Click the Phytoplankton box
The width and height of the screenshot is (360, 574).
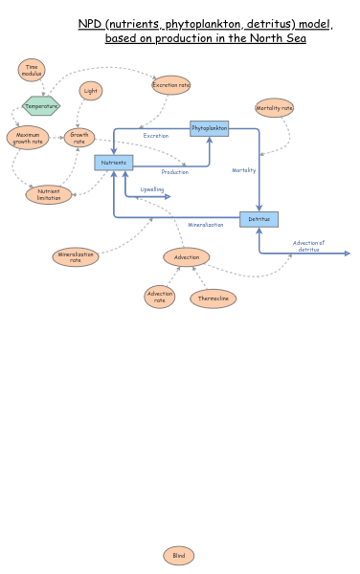click(x=210, y=127)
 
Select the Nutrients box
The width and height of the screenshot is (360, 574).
click(x=114, y=163)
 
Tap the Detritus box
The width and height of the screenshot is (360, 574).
click(x=259, y=219)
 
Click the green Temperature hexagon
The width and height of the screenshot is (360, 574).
click(x=41, y=106)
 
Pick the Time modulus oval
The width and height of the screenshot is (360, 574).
click(x=32, y=70)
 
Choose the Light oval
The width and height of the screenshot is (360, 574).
click(x=91, y=91)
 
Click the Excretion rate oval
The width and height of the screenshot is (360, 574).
click(x=170, y=85)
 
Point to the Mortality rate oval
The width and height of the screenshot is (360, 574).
click(x=274, y=108)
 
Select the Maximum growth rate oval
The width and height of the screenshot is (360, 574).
click(x=28, y=138)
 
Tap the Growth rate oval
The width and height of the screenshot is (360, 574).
click(x=79, y=138)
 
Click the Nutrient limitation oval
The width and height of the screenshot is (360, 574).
click(x=49, y=194)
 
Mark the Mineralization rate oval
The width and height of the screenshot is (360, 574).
click(x=76, y=256)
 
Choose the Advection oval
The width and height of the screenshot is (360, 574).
click(x=187, y=256)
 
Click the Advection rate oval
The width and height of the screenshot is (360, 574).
click(x=160, y=298)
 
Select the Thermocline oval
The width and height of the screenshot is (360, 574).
click(x=213, y=298)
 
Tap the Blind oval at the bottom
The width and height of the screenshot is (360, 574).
click(x=178, y=555)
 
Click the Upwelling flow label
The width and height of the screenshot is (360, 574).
click(x=152, y=189)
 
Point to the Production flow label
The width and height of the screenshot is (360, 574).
click(x=174, y=172)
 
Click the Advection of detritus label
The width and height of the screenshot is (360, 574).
click(x=308, y=246)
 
